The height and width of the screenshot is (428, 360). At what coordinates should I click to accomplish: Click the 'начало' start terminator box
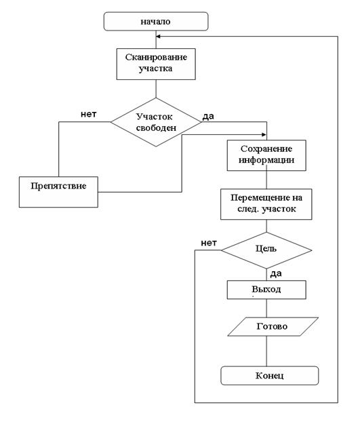(156, 21)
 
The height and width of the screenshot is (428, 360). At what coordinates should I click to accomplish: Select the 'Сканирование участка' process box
(156, 64)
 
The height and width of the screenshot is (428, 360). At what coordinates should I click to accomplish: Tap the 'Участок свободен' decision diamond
(156, 122)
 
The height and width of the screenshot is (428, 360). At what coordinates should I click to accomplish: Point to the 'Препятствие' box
(58, 192)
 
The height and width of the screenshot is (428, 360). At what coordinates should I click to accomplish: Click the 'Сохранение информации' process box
(266, 155)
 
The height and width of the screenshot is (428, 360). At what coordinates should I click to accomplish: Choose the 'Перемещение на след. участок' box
(266, 204)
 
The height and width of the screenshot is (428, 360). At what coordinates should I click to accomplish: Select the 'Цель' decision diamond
(266, 250)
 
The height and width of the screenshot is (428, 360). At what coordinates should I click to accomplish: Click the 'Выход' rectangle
(266, 290)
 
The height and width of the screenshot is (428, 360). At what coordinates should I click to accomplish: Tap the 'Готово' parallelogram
(273, 326)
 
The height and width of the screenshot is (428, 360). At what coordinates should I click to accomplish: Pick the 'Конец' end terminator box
(269, 376)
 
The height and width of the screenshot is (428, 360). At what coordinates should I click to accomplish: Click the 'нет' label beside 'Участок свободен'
(89, 114)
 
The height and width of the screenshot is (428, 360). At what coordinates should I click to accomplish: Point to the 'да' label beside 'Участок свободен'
(208, 117)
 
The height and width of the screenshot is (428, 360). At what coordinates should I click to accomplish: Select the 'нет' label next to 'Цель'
(209, 243)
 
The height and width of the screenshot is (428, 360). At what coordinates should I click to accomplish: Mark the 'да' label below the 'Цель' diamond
(276, 274)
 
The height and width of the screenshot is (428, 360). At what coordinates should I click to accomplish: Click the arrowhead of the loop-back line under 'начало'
(158, 37)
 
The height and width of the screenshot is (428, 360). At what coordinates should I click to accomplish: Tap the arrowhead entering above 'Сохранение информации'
(264, 134)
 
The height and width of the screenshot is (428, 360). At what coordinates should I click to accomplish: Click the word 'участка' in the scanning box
(155, 69)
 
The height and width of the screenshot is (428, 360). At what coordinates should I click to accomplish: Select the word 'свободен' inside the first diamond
(156, 128)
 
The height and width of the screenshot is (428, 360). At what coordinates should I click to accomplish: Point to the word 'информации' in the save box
(266, 160)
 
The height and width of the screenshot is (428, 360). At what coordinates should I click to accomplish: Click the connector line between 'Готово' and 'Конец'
(266, 351)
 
